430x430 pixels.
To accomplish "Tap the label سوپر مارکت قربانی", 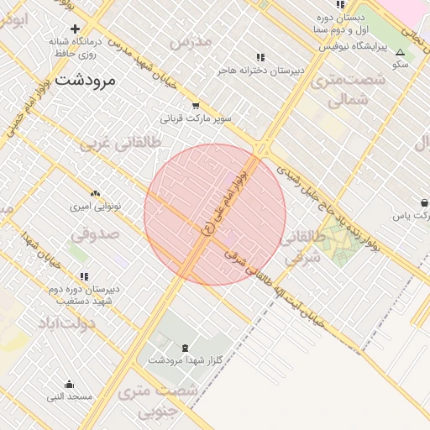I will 197,118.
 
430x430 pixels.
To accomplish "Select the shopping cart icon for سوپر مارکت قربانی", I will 196,107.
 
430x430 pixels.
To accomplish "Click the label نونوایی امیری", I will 94,205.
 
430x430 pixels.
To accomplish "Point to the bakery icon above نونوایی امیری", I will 94,193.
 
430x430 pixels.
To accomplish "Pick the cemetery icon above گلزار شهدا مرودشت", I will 185,348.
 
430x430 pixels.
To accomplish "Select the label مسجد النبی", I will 69,396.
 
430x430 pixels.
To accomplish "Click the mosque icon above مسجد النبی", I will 69,384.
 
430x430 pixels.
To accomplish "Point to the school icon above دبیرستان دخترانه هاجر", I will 260,58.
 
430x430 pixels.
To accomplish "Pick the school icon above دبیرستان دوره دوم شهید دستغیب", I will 84,276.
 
